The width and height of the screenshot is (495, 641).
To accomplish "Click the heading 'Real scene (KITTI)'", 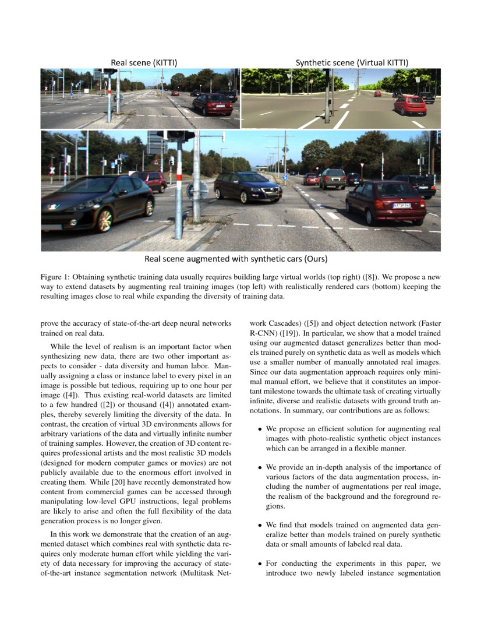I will click(144, 62).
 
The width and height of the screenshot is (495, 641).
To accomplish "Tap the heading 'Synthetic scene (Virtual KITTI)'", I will click(343, 62).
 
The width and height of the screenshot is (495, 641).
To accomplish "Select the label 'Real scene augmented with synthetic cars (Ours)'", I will click(240, 258).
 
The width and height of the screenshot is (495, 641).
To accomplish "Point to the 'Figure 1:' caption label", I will click(57, 276).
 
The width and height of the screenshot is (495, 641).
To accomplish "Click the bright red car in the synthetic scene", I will click(410, 105).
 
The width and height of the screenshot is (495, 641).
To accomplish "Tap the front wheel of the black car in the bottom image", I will click(105, 220).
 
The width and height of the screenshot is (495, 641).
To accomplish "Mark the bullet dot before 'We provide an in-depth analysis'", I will click(260, 467).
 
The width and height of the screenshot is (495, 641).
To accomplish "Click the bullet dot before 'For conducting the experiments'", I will click(260, 564).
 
